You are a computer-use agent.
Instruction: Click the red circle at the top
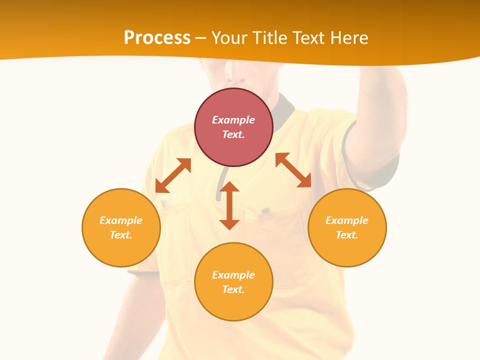click(233, 127)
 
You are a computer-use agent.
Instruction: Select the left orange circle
click(121, 227)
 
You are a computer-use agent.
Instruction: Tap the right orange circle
click(347, 227)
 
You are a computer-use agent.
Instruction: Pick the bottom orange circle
click(233, 282)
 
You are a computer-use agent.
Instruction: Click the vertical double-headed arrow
click(229, 205)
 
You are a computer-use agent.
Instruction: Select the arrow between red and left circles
click(173, 175)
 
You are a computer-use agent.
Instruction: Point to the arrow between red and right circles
click(293, 170)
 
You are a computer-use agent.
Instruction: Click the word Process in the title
click(157, 37)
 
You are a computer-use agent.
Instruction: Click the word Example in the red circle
click(233, 120)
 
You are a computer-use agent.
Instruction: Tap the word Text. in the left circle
click(121, 235)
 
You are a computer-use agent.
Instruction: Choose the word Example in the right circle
click(347, 220)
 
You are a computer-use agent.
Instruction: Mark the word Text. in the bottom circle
click(233, 289)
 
